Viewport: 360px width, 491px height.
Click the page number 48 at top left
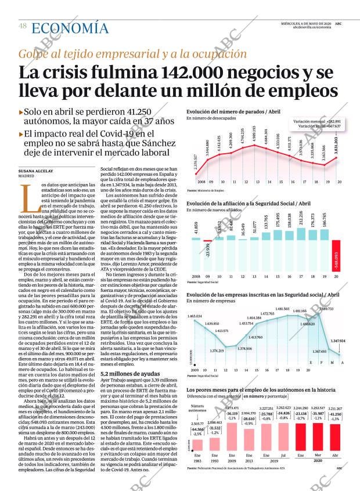(x=22, y=26)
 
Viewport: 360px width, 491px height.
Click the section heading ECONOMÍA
(x=70, y=28)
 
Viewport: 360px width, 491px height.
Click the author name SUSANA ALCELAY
(x=36, y=171)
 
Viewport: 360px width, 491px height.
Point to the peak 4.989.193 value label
(x=254, y=136)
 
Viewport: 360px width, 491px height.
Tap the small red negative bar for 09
(x=207, y=240)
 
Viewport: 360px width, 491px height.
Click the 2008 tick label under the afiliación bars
(x=195, y=276)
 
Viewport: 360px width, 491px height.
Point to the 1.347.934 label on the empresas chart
(x=338, y=341)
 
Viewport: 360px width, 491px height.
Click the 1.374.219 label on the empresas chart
(x=216, y=351)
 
